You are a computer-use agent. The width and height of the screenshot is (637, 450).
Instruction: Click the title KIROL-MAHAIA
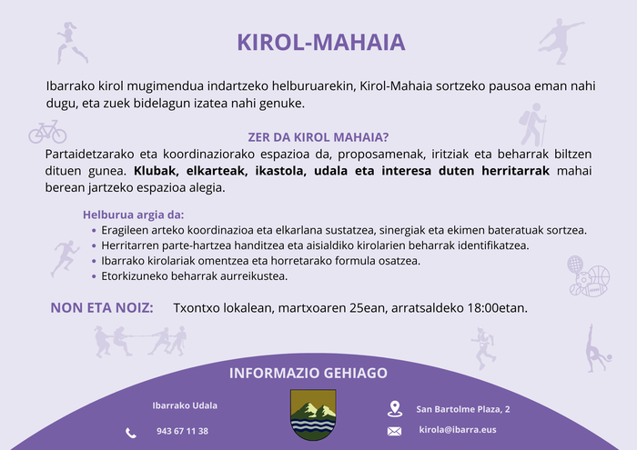321,43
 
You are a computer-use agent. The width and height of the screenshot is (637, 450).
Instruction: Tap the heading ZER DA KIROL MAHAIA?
318,137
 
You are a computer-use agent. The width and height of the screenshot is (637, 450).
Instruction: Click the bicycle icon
47,132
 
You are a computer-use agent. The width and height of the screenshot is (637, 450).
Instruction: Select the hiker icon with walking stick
531,125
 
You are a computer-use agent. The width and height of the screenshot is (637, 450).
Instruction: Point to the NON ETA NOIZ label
102,308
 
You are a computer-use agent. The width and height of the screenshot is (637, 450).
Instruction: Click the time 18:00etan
496,308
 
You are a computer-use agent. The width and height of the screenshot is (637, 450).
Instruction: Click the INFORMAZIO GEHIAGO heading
308,374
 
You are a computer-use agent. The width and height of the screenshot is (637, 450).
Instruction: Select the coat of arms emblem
312,415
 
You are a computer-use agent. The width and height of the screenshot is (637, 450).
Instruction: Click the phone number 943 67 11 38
182,431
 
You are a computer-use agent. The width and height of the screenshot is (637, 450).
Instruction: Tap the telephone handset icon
131,432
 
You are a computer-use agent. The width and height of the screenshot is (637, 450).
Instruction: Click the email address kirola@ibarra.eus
458,429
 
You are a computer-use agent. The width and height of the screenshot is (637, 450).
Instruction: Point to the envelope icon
394,431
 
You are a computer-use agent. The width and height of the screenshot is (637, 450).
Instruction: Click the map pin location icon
394,408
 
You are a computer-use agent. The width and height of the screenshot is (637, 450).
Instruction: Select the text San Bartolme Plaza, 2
462,409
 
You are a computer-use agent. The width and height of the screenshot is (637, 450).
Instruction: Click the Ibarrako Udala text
184,405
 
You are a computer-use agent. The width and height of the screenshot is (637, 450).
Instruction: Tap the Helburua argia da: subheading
133,215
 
